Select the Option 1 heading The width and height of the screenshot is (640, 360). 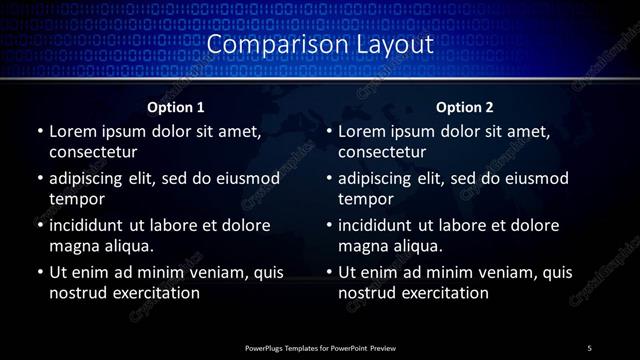point(176,107)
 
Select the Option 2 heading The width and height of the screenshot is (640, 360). point(465,107)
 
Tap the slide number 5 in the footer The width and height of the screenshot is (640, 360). point(590,347)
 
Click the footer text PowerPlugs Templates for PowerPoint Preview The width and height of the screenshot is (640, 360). point(319,347)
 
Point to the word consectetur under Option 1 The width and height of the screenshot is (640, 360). point(92,152)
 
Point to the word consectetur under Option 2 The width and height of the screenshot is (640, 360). point(382,152)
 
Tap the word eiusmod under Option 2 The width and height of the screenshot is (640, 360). point(537,179)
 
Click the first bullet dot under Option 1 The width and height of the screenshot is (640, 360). point(39,132)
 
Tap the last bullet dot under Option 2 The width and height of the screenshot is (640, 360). point(329,272)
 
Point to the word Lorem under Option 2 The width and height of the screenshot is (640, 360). point(362,132)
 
